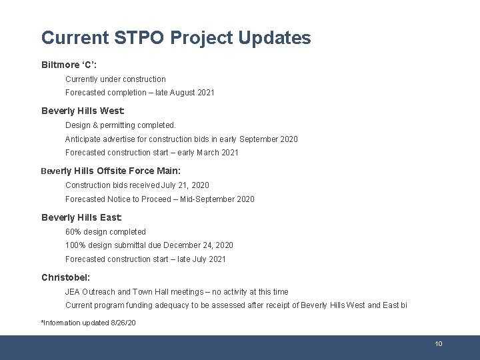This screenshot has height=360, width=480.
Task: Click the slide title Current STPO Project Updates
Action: pos(175,38)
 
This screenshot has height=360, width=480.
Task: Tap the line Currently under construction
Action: pos(115,79)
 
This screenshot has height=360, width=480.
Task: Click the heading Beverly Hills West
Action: pos(83,111)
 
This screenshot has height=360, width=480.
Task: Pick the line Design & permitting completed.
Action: pos(121,125)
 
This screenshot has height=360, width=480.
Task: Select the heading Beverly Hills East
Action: pos(81,217)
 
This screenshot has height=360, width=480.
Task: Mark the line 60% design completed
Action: pos(105,232)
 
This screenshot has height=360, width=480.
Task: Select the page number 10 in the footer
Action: pos(438,344)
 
